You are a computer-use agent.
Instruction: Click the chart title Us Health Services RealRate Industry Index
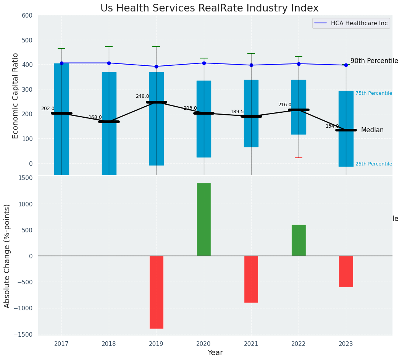209,8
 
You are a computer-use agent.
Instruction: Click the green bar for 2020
204,219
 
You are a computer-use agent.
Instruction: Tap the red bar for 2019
156,292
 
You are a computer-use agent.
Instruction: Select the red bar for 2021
251,279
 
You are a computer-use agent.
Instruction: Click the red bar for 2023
346,271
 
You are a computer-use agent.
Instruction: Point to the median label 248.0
142,96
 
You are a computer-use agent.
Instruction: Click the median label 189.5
237,112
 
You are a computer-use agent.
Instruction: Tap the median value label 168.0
95,117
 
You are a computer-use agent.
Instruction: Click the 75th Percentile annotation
373,93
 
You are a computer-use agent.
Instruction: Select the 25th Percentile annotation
373,164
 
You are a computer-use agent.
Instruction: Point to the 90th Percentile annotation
374,61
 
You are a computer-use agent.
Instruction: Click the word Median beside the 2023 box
372,130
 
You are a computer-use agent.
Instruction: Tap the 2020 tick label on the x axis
204,344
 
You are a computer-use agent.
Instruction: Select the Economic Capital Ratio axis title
16,96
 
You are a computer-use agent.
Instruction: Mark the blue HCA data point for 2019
156,66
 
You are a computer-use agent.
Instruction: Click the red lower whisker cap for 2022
299,158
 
